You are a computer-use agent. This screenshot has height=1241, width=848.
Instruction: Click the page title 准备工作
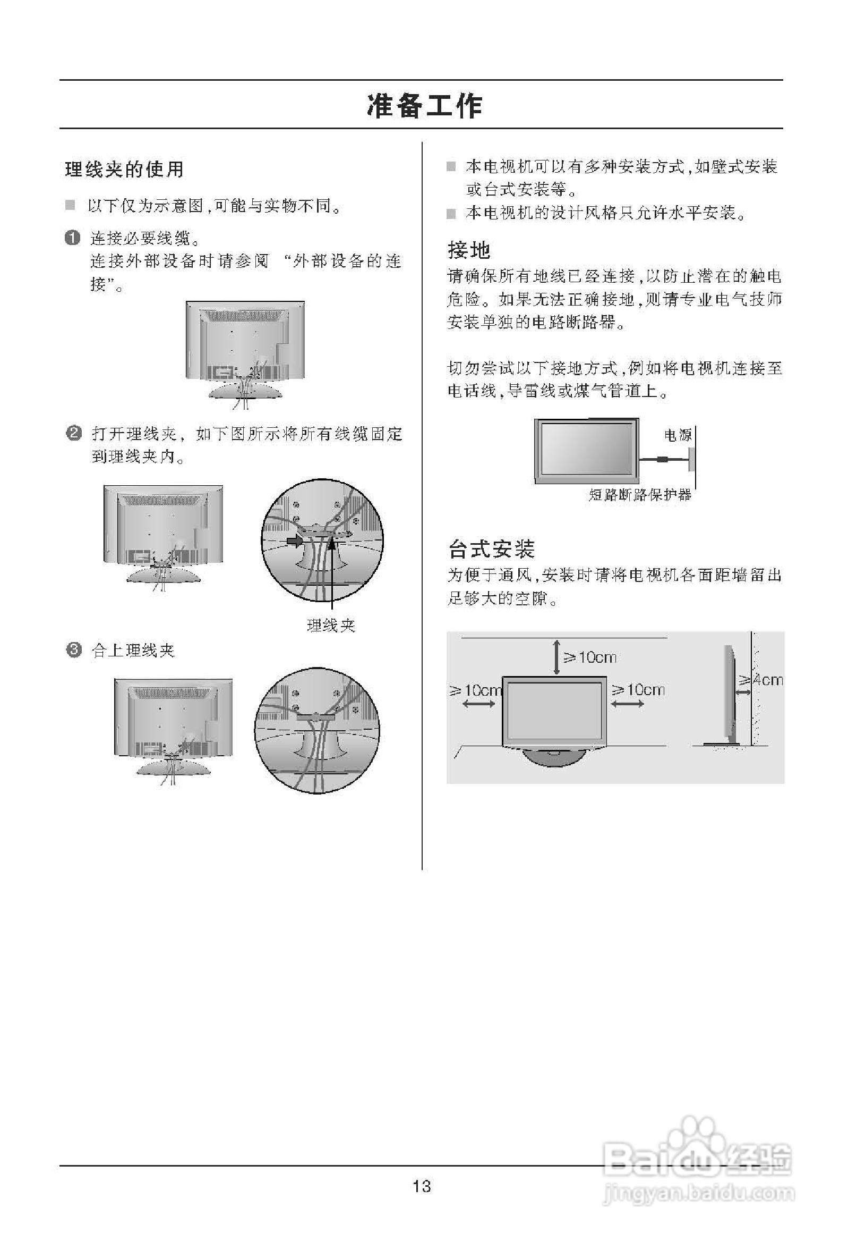(424, 106)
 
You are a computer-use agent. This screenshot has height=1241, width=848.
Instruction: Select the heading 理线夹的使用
(124, 170)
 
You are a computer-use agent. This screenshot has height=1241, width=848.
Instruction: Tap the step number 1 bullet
(73, 237)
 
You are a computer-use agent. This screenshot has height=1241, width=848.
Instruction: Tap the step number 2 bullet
(73, 433)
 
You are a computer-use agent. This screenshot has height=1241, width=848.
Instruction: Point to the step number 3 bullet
(73, 650)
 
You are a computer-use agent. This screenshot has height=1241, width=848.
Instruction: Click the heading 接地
(468, 249)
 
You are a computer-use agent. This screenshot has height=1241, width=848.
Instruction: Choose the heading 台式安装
(491, 548)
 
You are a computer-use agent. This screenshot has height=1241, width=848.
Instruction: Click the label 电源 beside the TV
(677, 435)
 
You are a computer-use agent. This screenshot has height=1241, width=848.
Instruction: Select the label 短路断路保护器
(640, 494)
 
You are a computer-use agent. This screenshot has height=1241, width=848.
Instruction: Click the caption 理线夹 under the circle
(331, 626)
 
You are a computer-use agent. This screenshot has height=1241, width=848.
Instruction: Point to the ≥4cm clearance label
(761, 680)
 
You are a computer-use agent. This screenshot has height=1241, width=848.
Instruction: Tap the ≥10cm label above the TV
(590, 657)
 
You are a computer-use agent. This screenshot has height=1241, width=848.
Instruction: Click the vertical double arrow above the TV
(556, 657)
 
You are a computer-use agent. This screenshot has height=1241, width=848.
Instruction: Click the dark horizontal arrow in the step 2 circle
(294, 541)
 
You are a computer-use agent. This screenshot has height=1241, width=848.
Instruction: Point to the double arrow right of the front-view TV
(627, 704)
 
